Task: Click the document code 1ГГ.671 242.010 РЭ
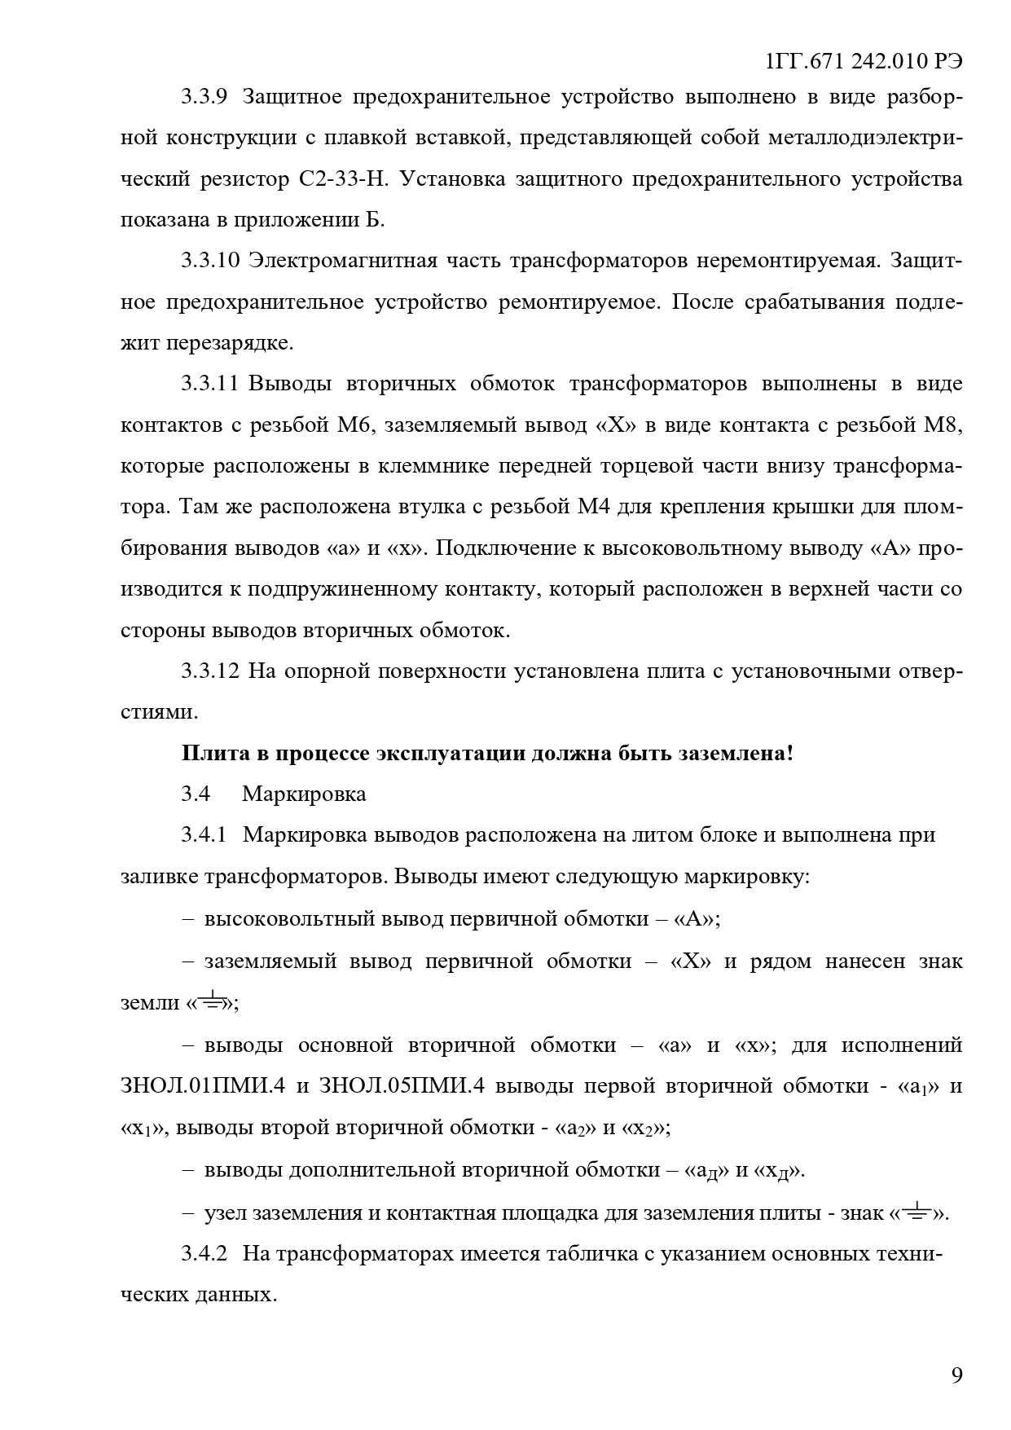click(x=865, y=62)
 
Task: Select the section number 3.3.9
click(x=203, y=97)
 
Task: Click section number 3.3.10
click(x=209, y=261)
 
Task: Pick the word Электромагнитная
click(x=341, y=261)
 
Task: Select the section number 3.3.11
click(x=209, y=384)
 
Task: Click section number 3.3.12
click(x=209, y=671)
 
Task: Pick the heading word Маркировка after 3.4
click(x=304, y=794)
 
